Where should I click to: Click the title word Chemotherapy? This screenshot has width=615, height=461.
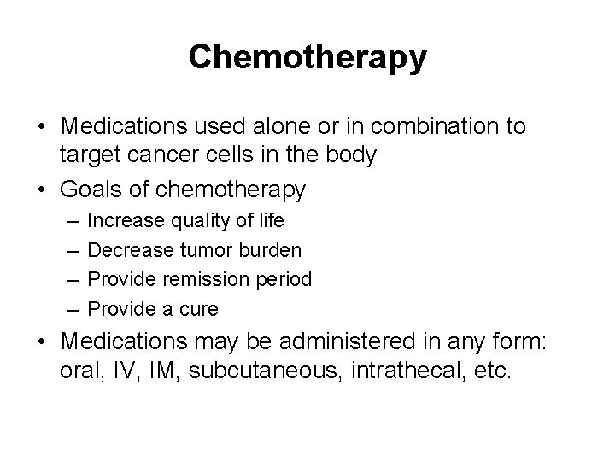point(307,57)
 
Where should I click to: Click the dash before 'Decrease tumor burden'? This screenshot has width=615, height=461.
point(69,250)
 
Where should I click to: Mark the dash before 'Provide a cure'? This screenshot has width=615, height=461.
point(69,308)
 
